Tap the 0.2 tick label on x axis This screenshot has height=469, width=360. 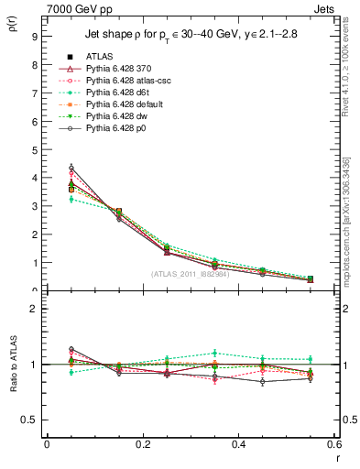click(142, 443)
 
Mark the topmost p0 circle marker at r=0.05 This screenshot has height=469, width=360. click(71, 168)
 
